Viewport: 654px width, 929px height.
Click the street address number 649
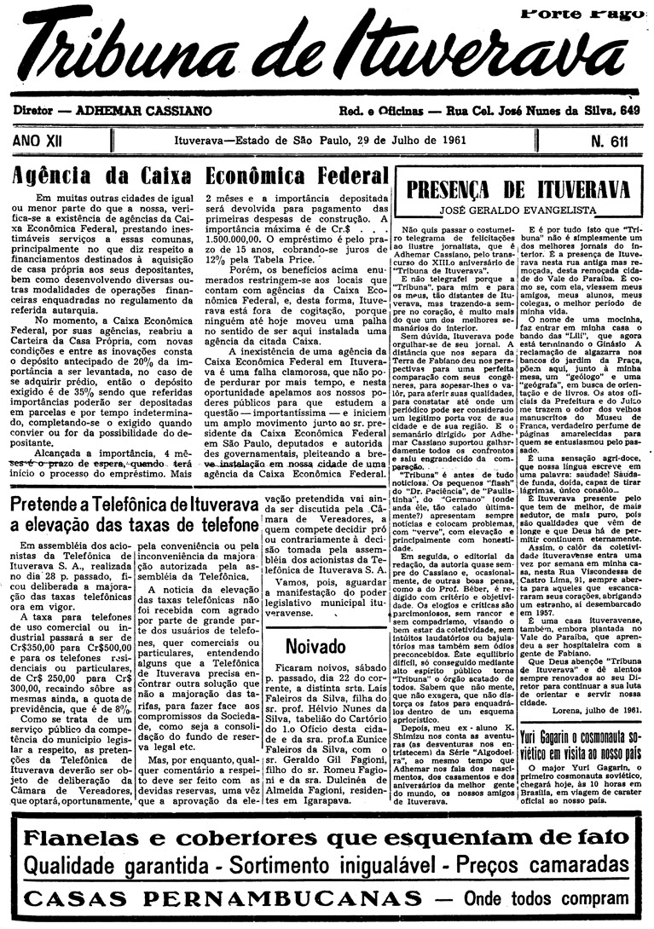[630, 111]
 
